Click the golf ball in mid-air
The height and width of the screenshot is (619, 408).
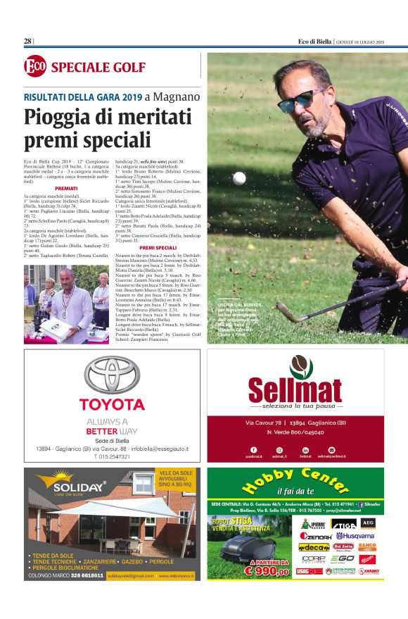pyautogui.click(x=239, y=177)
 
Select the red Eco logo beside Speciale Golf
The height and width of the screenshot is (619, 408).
pyautogui.click(x=34, y=67)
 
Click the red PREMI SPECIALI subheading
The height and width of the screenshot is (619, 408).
pyautogui.click(x=158, y=248)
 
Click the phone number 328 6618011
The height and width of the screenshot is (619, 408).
pyautogui.click(x=79, y=575)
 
